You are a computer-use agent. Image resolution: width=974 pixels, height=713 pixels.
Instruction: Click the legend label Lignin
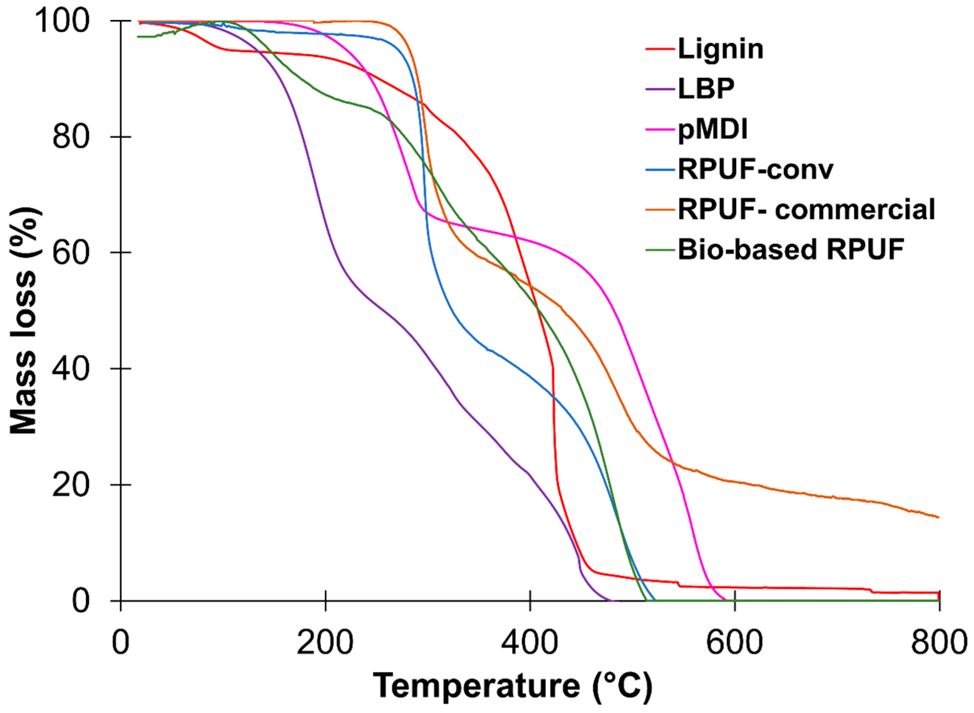(720, 49)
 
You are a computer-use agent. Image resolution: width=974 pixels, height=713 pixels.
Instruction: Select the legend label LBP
(706, 89)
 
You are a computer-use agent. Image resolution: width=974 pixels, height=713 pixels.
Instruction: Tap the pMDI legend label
(713, 129)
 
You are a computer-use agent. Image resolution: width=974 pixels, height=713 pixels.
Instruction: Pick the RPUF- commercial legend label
(806, 209)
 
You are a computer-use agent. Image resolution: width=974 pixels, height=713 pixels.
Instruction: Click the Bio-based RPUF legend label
(791, 250)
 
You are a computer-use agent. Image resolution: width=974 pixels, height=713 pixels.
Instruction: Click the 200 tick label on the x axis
(325, 643)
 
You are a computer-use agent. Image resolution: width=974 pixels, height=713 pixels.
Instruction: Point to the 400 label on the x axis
(529, 643)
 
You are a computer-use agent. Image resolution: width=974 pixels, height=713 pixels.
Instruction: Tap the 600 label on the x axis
(734, 643)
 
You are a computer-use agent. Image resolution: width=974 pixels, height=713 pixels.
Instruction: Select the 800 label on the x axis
(938, 643)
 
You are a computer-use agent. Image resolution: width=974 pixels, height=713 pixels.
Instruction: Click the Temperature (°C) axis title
(513, 686)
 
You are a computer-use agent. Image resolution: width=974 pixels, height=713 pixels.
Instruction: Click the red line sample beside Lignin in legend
(660, 49)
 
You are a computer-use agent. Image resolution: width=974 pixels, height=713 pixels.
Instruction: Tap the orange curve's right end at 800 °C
(938, 517)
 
